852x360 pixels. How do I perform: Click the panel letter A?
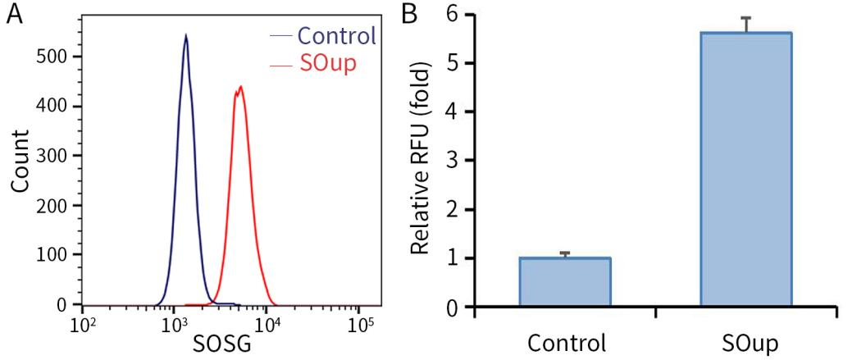[x=14, y=14]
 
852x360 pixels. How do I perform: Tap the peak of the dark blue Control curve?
[x=186, y=36]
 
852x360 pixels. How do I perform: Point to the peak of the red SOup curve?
[x=239, y=87]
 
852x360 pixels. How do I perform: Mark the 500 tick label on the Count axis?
[x=56, y=57]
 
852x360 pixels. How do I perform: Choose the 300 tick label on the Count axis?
[x=56, y=156]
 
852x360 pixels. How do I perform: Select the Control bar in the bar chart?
[x=564, y=282]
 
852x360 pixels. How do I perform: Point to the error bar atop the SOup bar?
[x=745, y=25]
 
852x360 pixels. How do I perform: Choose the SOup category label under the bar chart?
[x=745, y=342]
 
